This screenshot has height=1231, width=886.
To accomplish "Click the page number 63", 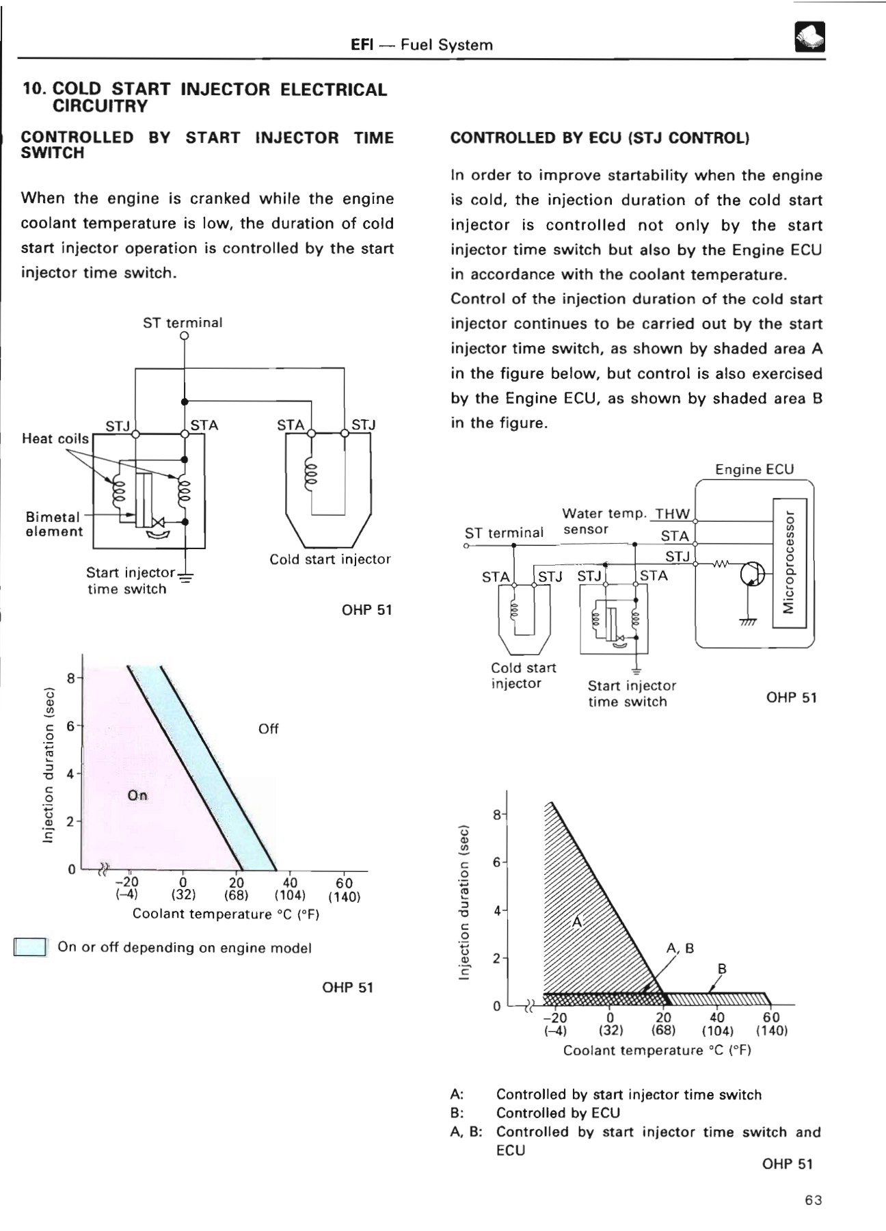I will (x=813, y=1200).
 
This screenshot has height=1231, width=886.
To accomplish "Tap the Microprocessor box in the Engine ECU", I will (x=790, y=563).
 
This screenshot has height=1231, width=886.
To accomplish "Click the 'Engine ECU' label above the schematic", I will (x=754, y=469).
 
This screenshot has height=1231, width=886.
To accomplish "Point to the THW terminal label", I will (x=673, y=514).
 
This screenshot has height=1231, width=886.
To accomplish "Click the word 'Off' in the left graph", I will (x=268, y=729).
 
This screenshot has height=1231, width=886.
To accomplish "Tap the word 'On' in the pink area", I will (x=137, y=795).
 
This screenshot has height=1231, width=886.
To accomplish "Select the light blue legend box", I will (x=30, y=947).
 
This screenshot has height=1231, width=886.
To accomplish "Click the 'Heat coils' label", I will (x=55, y=438).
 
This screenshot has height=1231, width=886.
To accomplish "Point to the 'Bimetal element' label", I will (x=53, y=524).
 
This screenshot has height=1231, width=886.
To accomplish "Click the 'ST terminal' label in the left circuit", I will (x=183, y=322).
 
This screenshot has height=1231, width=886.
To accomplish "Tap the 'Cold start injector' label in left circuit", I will (x=330, y=559).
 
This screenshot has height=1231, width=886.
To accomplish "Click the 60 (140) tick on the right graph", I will (x=771, y=1024).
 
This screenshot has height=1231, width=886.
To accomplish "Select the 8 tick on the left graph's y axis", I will (x=70, y=678).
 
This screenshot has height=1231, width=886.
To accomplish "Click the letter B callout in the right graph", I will (x=722, y=968).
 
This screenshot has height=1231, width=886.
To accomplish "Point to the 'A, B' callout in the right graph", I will (x=680, y=948).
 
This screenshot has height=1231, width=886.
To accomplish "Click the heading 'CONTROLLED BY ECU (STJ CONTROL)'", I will (x=600, y=137).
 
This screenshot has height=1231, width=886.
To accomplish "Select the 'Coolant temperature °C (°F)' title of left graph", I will (x=226, y=914).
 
